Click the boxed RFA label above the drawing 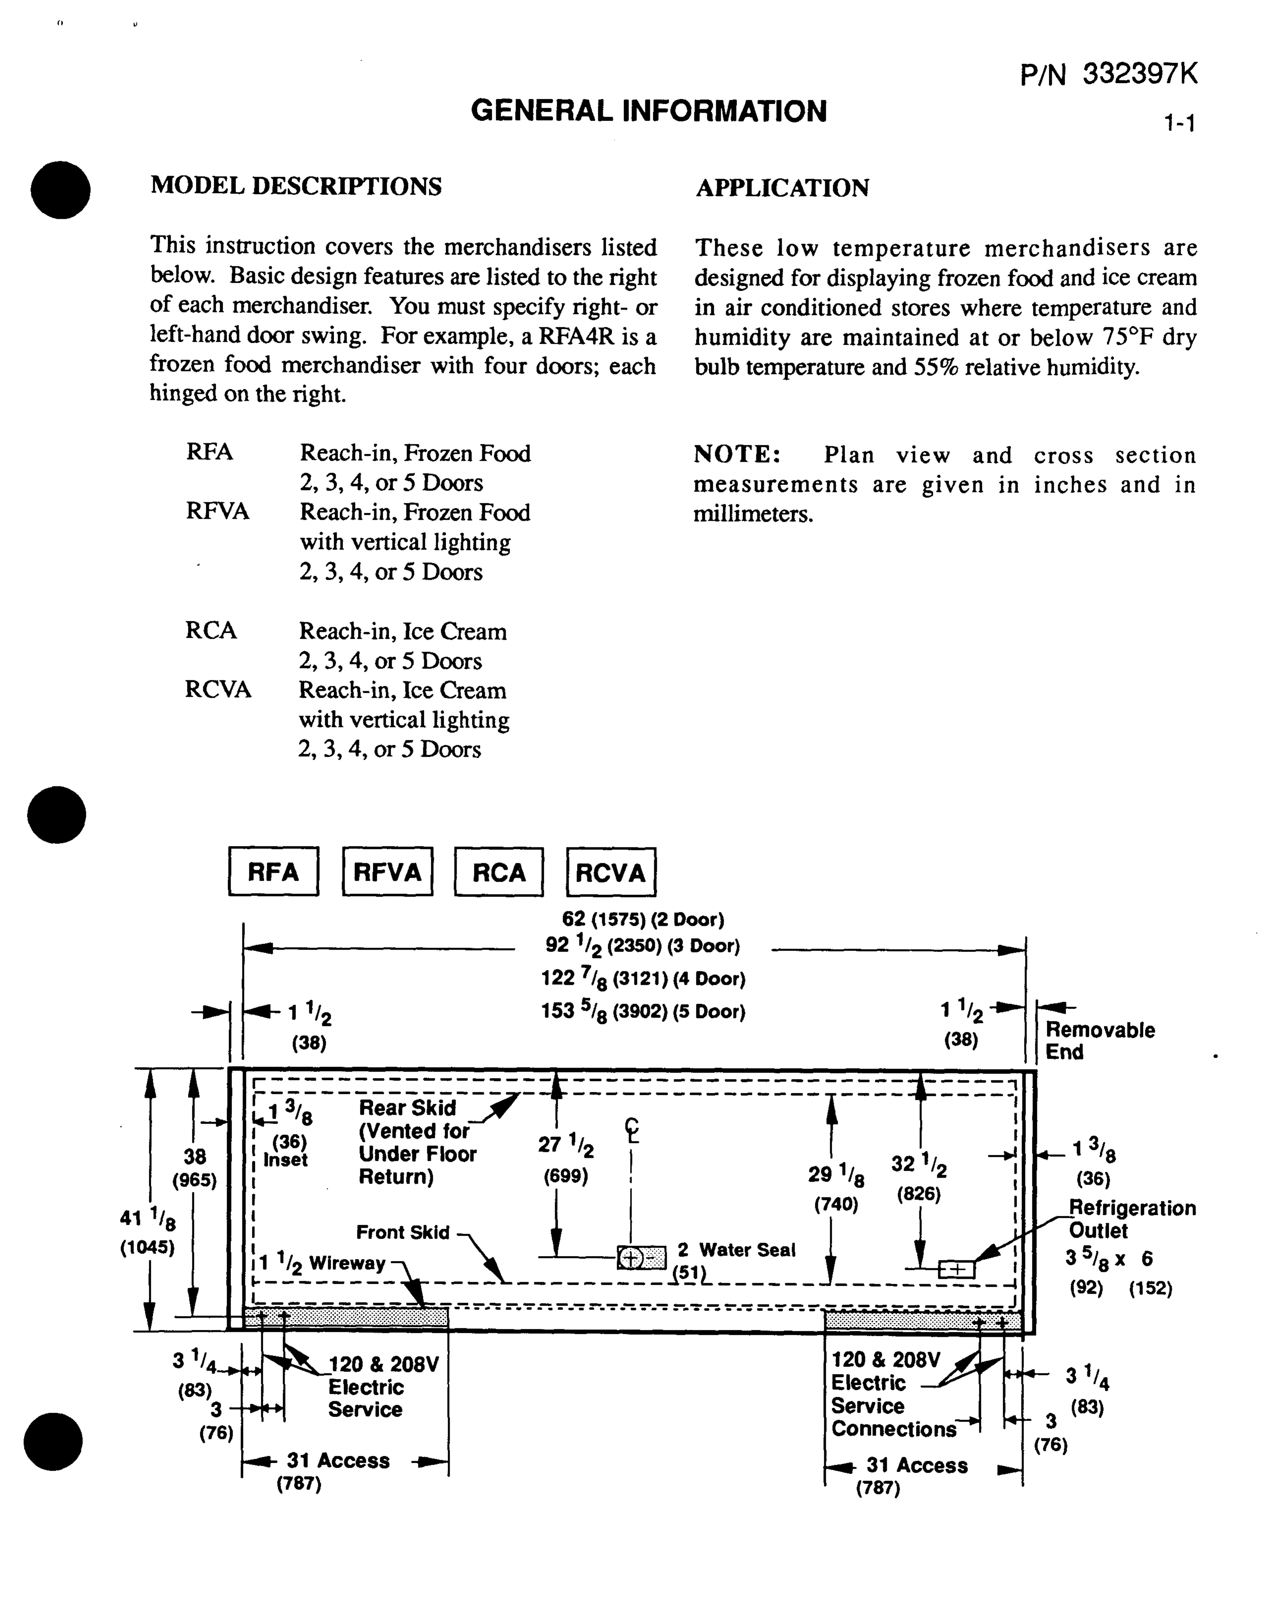tap(274, 872)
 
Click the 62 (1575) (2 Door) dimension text tap(642, 919)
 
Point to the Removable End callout tap(1100, 1041)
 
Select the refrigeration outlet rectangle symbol tap(957, 1269)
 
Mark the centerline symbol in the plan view tap(631, 1130)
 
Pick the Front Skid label tap(402, 1232)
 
